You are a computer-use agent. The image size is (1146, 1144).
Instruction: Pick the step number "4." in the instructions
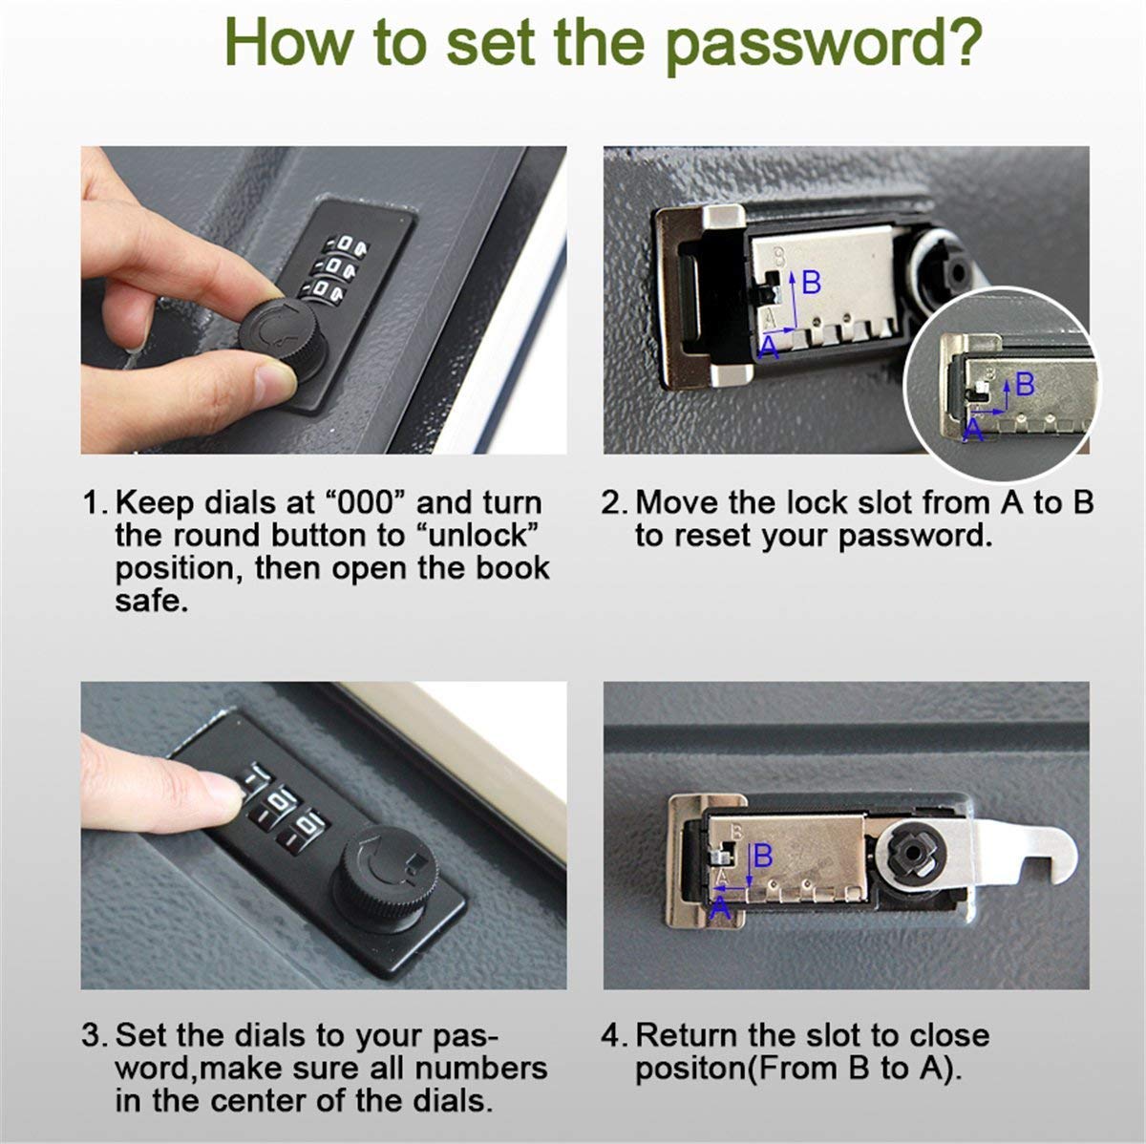point(613,1036)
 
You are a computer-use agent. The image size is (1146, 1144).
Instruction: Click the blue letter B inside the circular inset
point(1025,385)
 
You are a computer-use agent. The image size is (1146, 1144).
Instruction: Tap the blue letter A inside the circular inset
point(973,430)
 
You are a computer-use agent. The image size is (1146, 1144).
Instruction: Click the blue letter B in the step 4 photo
point(762,856)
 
